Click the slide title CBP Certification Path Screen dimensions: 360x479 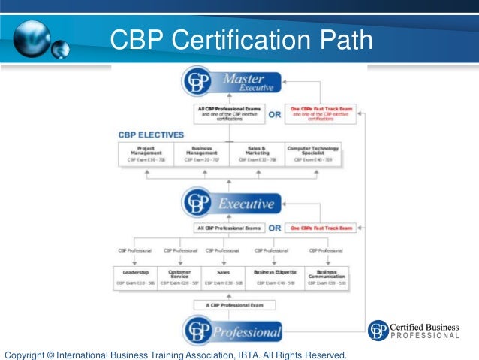coord(240,38)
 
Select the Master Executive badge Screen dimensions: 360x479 coord(231,82)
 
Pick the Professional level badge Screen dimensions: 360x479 coord(231,331)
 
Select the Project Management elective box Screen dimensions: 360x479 coord(146,153)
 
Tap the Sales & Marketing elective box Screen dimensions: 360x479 coord(257,153)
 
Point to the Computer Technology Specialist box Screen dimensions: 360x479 coord(313,153)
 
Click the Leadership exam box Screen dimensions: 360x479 coord(135,277)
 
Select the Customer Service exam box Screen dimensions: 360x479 coord(179,277)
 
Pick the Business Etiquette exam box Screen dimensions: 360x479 coord(275,277)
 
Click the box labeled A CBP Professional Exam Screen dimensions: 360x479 coord(230,305)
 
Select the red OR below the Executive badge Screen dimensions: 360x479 coord(274,228)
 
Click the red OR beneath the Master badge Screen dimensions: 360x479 coord(274,115)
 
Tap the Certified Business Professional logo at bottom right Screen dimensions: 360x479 coord(414,331)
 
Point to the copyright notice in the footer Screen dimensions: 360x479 coord(176,353)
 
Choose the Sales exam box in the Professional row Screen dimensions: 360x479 coord(223,277)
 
